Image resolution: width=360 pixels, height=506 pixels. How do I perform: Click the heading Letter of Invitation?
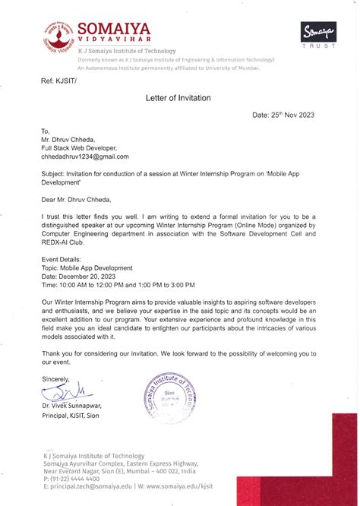178,98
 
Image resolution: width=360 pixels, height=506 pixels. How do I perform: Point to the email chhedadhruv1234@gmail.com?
85,157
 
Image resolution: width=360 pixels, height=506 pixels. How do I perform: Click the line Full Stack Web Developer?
80,148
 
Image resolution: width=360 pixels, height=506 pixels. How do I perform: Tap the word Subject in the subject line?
54,174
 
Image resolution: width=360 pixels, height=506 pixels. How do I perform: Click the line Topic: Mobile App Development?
87,267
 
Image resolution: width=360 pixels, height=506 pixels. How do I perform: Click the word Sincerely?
55,378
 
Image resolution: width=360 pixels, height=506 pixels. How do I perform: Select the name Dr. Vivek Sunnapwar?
74,407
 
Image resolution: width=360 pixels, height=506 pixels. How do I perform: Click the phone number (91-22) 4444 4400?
79,479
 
